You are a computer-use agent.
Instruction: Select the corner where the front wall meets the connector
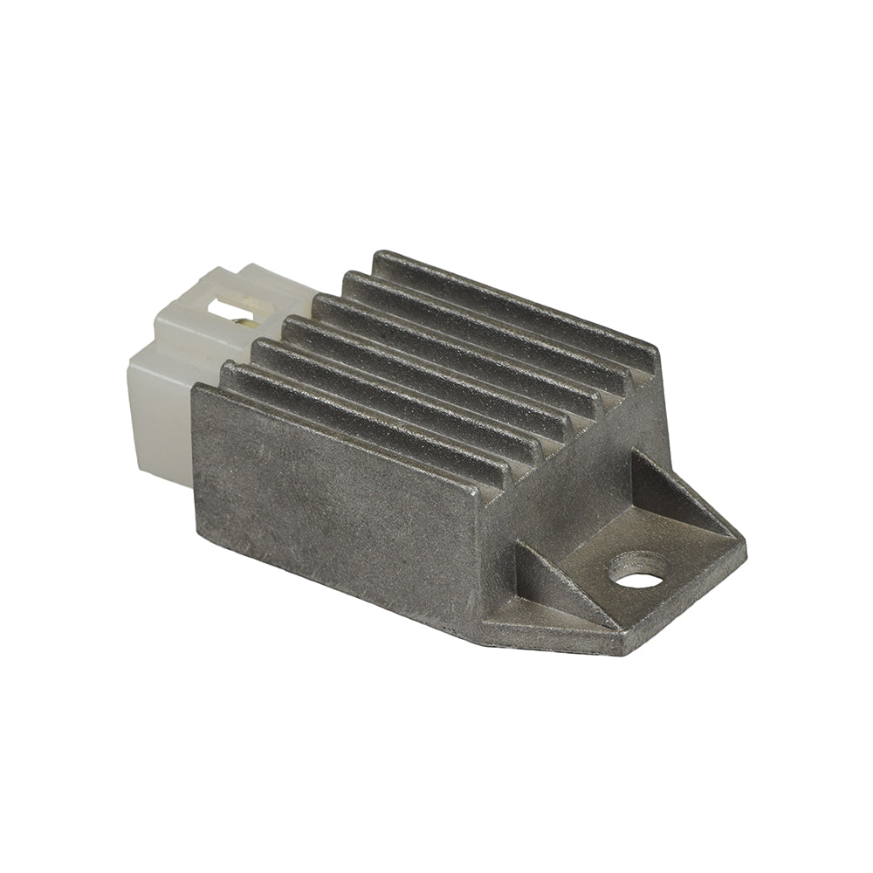196,388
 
